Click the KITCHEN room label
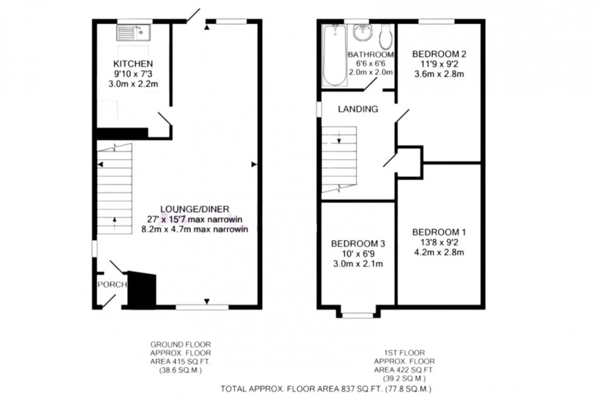click(133, 64)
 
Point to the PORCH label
click(111, 284)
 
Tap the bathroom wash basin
click(361, 30)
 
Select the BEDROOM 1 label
click(438, 231)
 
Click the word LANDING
click(358, 109)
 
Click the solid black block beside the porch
click(142, 290)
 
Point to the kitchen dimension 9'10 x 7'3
click(133, 73)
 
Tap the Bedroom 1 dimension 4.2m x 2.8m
click(438, 252)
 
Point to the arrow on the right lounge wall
click(254, 164)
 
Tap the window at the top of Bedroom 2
click(436, 21)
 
